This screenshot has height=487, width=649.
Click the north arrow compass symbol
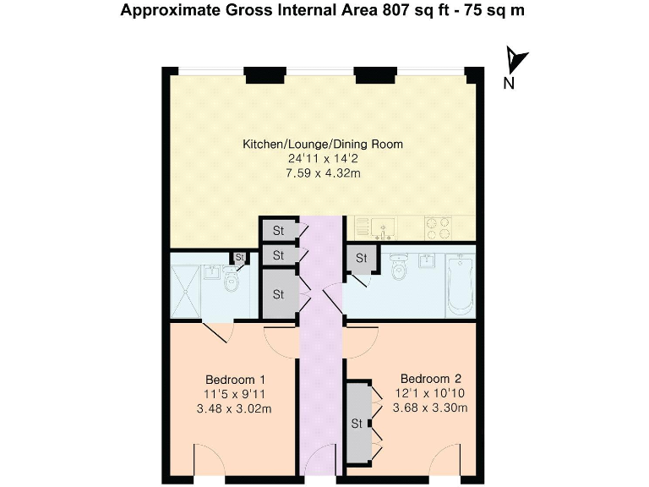pyautogui.click(x=516, y=61)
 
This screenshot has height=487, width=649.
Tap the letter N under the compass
pyautogui.click(x=509, y=83)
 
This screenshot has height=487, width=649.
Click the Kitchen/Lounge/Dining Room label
pyautogui.click(x=323, y=144)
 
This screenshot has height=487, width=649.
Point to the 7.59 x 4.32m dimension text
pyautogui.click(x=323, y=172)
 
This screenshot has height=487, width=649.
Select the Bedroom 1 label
pyautogui.click(x=236, y=379)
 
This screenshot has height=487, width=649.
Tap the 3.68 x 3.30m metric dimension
pyautogui.click(x=430, y=408)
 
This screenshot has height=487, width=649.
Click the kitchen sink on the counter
pyautogui.click(x=384, y=227)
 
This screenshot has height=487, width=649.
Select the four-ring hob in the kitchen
pyautogui.click(x=435, y=226)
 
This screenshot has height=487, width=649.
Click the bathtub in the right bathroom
pyautogui.click(x=459, y=284)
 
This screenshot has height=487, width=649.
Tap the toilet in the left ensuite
pyautogui.click(x=231, y=284)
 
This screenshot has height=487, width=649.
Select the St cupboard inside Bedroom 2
pyautogui.click(x=357, y=423)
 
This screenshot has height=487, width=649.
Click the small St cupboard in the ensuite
pyautogui.click(x=239, y=256)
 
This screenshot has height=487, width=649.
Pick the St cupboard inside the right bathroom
pyautogui.click(x=362, y=257)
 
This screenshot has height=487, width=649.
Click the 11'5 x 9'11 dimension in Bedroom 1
pyautogui.click(x=236, y=394)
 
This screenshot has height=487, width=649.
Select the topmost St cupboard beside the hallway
pyautogui.click(x=277, y=229)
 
